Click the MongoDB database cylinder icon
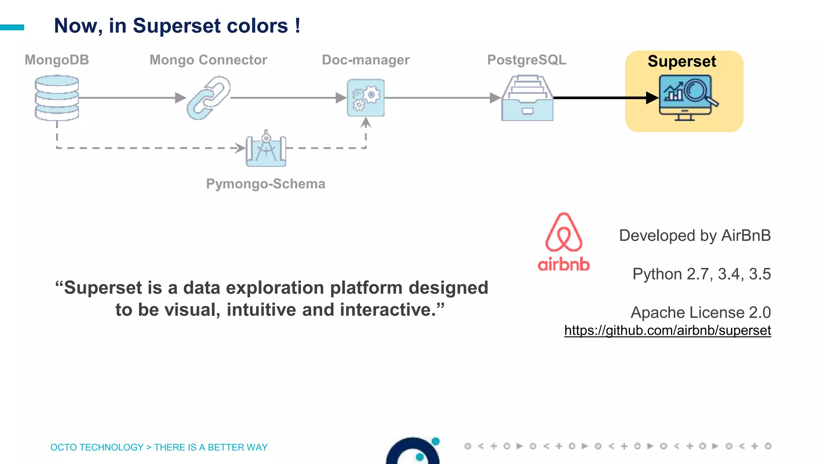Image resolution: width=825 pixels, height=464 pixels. click(x=57, y=98)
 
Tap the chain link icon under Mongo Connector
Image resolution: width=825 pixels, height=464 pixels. click(x=208, y=98)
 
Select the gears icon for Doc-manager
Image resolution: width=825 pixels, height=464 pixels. click(x=366, y=98)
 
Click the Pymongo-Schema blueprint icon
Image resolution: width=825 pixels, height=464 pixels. click(x=266, y=149)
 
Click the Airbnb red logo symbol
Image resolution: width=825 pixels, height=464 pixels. click(x=564, y=232)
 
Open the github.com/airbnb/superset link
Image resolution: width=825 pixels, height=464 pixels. click(x=667, y=331)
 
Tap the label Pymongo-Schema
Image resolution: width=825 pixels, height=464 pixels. click(x=265, y=184)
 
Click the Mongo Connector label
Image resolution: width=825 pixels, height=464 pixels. click(x=208, y=60)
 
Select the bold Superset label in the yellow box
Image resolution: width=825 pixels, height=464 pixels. click(x=682, y=62)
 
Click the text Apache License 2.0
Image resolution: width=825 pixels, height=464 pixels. click(x=701, y=313)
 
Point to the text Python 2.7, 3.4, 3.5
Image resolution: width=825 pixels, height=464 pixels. click(x=701, y=274)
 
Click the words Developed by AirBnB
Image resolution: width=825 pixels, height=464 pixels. click(x=694, y=236)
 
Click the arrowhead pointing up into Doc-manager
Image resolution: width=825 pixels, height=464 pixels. click(x=366, y=122)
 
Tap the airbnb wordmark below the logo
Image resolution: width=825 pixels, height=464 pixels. click(x=564, y=265)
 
